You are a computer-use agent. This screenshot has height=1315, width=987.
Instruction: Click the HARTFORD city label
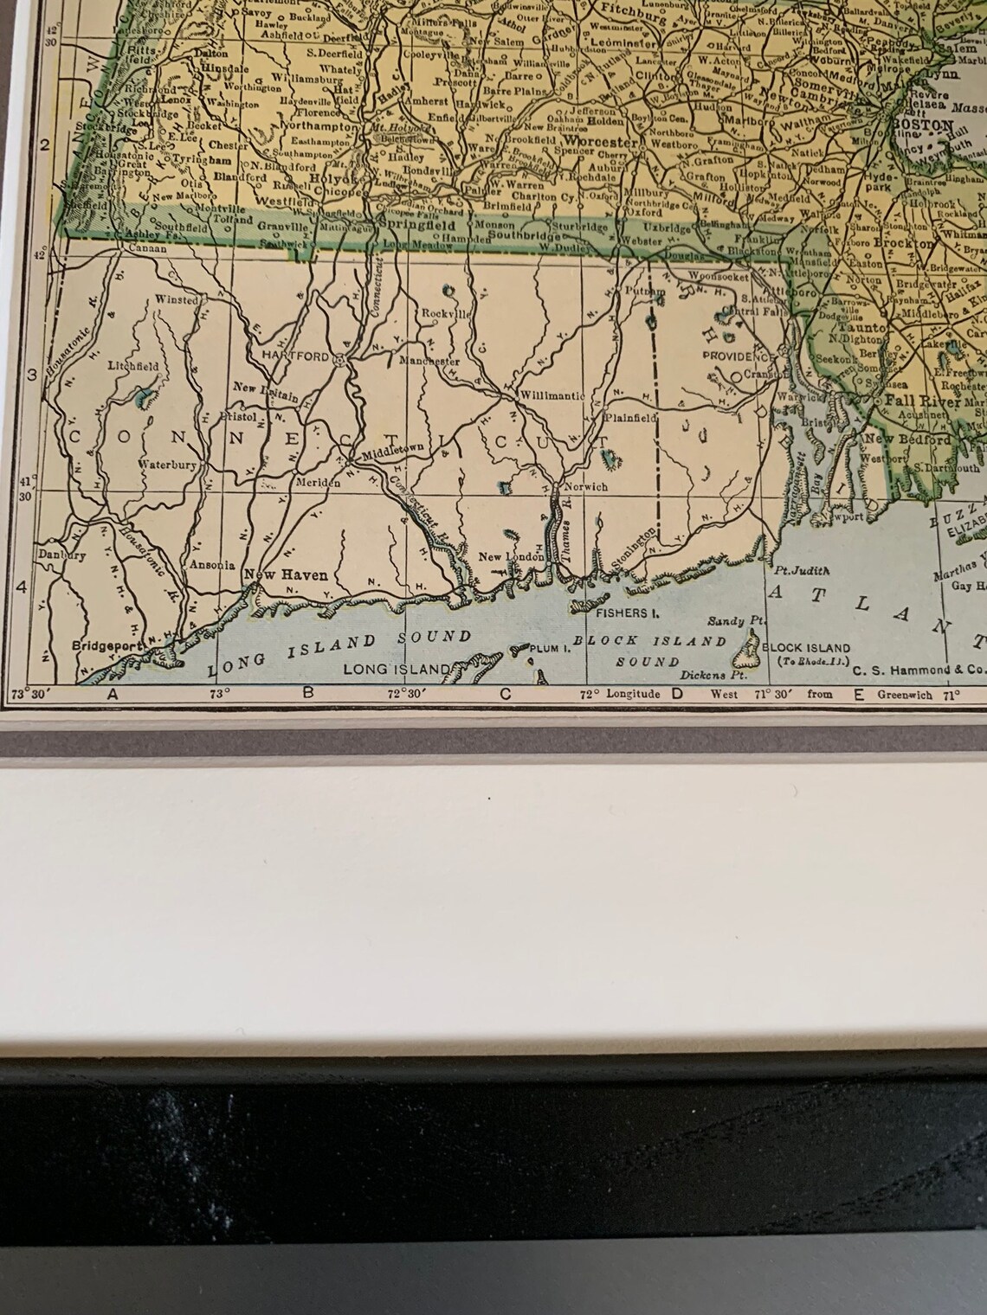coord(302,356)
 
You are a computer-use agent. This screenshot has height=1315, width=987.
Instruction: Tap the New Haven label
coord(273,575)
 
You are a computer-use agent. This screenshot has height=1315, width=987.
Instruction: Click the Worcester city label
coord(601,142)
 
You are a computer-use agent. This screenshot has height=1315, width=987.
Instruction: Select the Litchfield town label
coord(133,367)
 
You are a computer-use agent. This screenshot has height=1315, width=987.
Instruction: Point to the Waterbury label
coord(167,465)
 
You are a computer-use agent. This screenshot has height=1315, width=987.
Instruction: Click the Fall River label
coord(923,402)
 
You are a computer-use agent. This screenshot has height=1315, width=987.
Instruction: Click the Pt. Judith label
coord(802,571)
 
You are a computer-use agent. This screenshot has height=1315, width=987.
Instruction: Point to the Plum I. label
coord(545,647)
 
